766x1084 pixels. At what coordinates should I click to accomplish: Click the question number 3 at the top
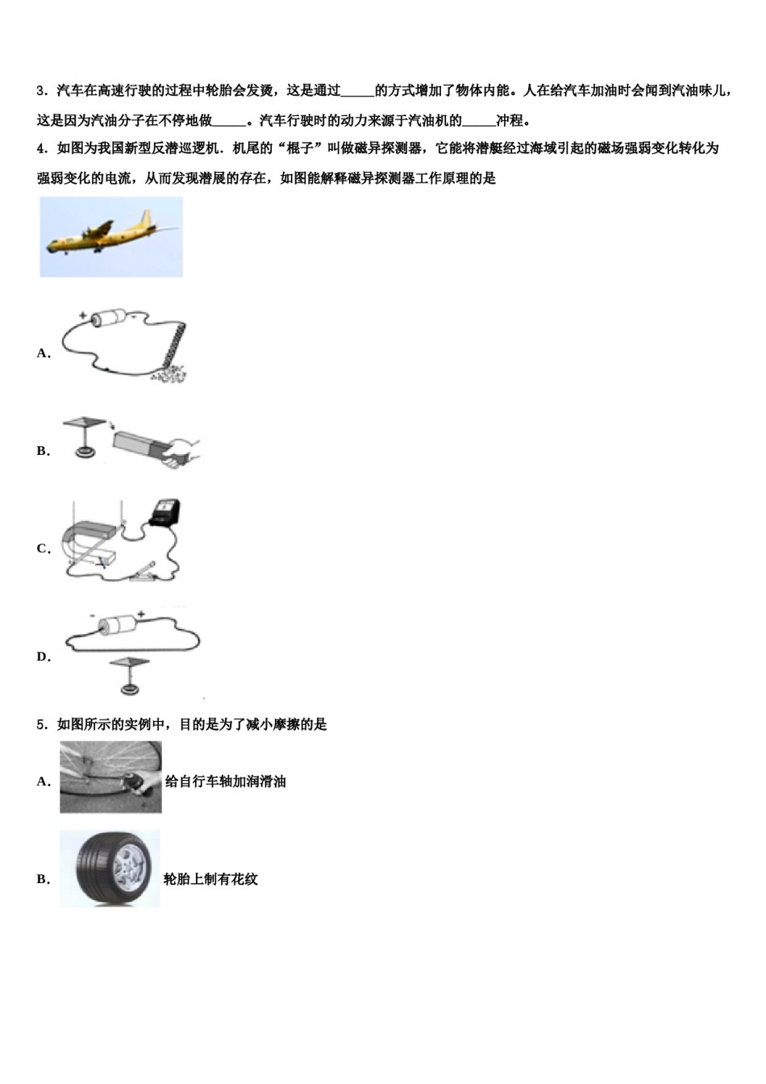point(40,91)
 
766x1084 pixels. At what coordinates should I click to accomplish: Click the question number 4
point(40,148)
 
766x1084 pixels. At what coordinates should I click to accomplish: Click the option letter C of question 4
point(43,549)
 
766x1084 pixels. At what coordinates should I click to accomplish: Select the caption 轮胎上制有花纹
point(210,879)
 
